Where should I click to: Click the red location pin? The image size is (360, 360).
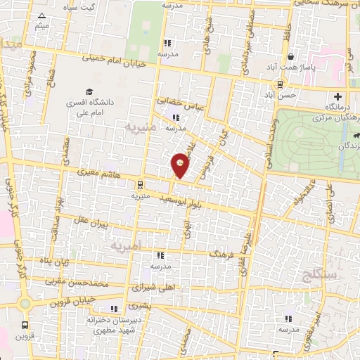click(x=181, y=165)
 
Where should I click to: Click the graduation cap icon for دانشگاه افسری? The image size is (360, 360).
click(x=89, y=92)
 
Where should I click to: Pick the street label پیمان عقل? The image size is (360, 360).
click(x=91, y=224)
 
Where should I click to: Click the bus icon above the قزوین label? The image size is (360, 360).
click(x=26, y=325)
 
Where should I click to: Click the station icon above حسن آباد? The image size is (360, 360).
click(x=281, y=83)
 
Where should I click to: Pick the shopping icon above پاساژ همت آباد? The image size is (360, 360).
click(x=290, y=56)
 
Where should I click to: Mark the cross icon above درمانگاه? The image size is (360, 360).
click(x=337, y=96)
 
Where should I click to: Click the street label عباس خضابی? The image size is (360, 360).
click(x=180, y=102)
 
